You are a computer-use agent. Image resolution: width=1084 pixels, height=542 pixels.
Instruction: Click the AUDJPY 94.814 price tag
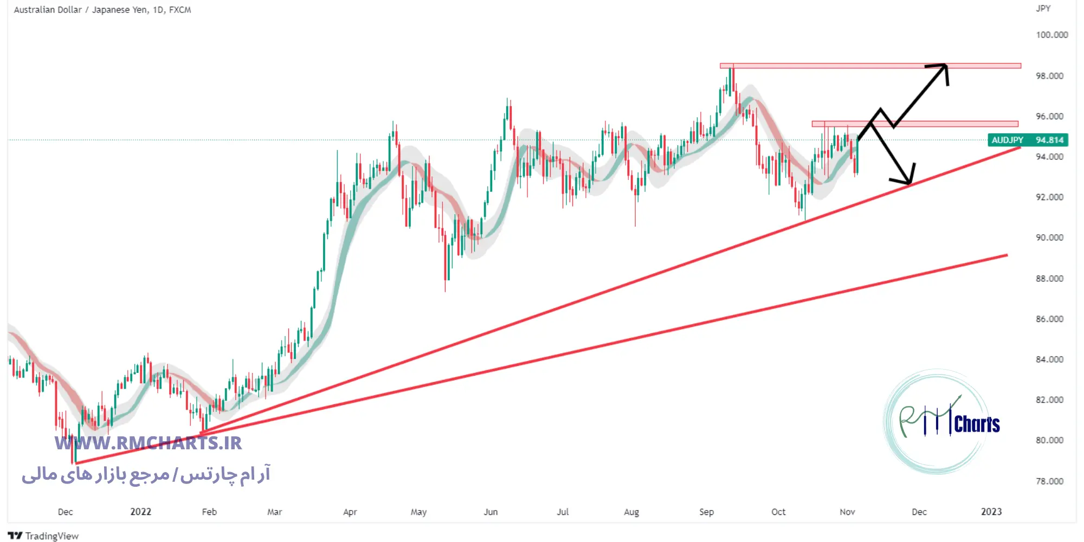pos(1028,140)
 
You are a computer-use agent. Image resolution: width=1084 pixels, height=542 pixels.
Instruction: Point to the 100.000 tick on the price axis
pos(1051,35)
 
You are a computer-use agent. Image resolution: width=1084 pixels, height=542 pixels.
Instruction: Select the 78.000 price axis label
pos(1049,481)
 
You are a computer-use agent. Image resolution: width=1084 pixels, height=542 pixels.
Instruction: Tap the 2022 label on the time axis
pos(140,512)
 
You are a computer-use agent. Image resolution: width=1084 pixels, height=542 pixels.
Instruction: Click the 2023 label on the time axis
pos(991,512)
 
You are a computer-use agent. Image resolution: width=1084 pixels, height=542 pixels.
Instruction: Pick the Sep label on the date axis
pos(706,512)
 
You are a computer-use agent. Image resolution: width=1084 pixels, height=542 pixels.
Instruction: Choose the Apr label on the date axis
pos(350,512)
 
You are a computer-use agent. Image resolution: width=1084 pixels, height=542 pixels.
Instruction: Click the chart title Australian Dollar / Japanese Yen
pos(81,10)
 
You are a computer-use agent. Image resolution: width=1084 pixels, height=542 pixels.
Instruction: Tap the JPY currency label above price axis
pos(1043,9)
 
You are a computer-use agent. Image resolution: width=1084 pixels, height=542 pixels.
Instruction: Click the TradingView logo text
pos(51,536)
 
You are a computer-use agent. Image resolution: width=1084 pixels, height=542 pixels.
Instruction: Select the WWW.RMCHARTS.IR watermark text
pos(148,443)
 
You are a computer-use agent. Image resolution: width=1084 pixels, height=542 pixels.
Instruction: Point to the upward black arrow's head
pos(944,67)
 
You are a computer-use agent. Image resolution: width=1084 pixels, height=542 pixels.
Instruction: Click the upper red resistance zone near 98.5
pos(870,66)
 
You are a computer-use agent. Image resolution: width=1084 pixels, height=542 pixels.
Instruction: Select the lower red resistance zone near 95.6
pos(914,124)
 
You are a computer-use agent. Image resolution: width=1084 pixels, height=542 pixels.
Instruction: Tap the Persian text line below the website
pos(146,475)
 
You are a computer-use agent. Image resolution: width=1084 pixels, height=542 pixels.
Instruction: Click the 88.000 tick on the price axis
pos(1049,279)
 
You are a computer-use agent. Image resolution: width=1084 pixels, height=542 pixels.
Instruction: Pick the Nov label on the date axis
pos(847,512)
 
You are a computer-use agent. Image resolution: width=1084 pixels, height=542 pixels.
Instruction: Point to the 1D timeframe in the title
pos(158,10)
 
